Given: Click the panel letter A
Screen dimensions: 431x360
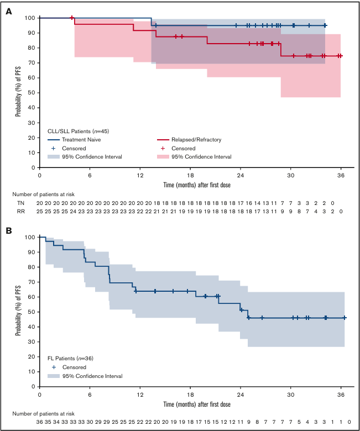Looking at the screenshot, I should [x=9, y=11].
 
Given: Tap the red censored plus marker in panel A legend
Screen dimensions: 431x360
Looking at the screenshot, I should [x=162, y=148].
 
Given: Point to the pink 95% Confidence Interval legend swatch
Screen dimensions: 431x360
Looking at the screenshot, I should [x=162, y=156].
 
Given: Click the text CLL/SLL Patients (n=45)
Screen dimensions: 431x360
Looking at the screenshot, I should [x=79, y=130].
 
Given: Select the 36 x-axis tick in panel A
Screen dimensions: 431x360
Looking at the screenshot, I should [x=341, y=175].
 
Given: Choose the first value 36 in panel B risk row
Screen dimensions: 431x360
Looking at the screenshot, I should [x=39, y=422].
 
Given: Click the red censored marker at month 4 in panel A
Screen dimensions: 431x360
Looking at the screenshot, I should [x=72, y=18].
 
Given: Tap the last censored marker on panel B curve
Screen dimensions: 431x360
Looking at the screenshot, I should [x=345, y=318].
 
